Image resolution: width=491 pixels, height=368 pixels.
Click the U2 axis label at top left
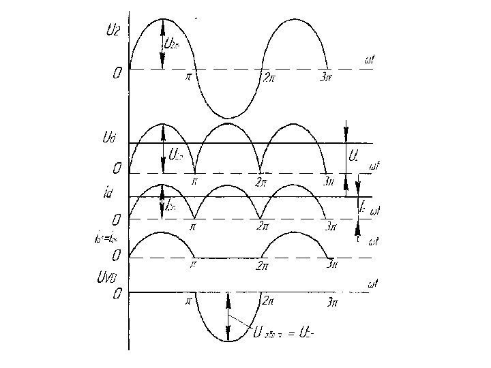(113, 30)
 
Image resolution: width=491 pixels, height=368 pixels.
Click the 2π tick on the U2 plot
(270, 76)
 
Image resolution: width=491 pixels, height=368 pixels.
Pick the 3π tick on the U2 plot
(328, 76)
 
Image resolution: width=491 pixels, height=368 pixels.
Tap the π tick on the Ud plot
(194, 181)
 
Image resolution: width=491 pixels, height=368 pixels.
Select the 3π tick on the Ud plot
(329, 181)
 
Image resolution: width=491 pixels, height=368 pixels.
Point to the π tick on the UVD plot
(188, 300)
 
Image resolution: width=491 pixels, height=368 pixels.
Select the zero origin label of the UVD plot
(117, 294)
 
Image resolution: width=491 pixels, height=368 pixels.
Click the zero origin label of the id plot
(117, 220)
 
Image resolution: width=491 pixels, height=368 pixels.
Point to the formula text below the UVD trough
(286, 334)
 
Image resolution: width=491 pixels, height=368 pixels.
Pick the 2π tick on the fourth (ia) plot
(261, 269)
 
